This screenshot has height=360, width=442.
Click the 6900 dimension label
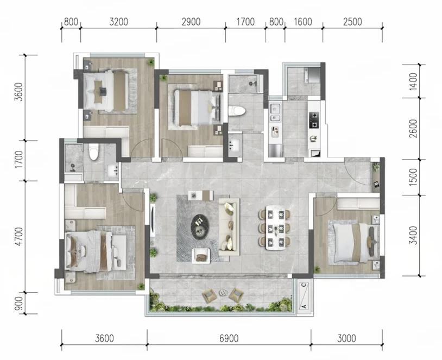[x=229, y=338]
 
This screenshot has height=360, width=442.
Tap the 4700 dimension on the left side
[x=19, y=237]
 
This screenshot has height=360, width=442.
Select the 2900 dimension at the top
[x=191, y=22]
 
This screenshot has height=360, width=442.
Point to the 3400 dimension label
[x=413, y=235]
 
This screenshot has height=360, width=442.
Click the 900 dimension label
[x=19, y=304]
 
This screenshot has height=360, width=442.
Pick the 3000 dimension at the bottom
[x=346, y=338]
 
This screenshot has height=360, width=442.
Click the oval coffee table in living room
[x=200, y=225]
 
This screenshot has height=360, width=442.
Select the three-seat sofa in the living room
[x=229, y=227]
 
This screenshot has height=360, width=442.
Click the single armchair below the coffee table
[x=201, y=256]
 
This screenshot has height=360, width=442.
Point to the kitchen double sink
[x=275, y=112]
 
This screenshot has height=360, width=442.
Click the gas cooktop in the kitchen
[x=314, y=120]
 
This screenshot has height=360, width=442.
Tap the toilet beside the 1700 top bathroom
[x=236, y=111]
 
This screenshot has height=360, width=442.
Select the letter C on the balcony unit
[x=304, y=285]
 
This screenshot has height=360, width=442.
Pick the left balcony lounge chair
[x=209, y=296]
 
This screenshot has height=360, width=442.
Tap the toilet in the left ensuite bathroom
[x=93, y=151]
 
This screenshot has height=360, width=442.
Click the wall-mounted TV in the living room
[x=152, y=220]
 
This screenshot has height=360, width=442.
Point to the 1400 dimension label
[x=413, y=81]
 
